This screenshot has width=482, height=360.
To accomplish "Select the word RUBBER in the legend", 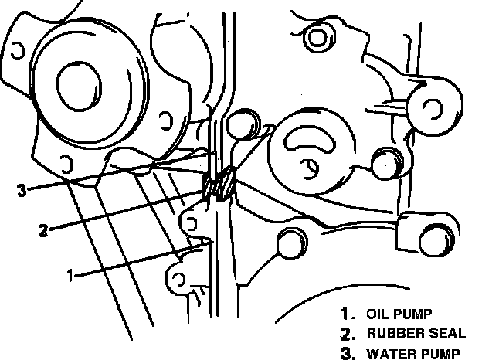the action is click(x=392, y=334).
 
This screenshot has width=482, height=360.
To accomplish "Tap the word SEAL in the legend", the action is click(x=446, y=334).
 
